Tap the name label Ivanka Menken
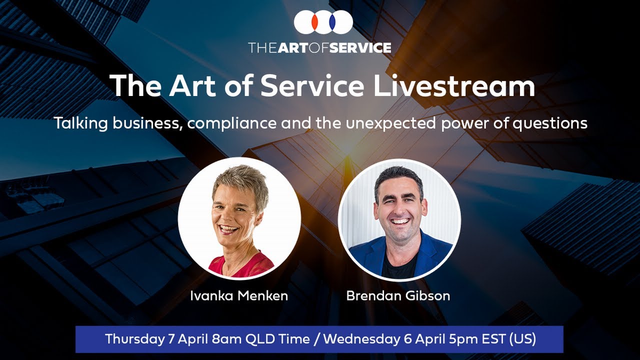239,295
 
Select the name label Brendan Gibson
398,295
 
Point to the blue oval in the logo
331,22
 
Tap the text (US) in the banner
522,339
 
